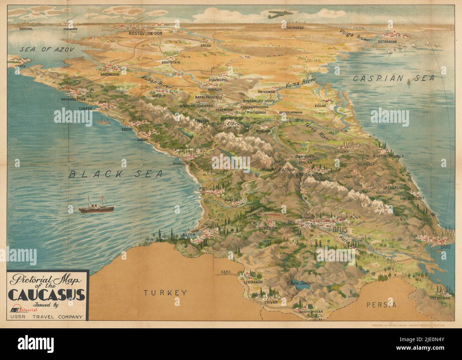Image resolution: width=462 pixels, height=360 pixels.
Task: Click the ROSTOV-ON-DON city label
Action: point(145,33)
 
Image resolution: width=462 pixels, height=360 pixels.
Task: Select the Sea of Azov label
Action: point(47,50)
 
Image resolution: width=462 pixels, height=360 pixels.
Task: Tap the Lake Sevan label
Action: point(301,284)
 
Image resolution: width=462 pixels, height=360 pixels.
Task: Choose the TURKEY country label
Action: point(165,293)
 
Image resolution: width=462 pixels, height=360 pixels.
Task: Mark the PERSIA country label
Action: point(382,305)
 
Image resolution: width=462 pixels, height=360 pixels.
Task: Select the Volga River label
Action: point(353,36)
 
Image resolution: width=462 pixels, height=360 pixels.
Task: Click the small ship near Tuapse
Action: point(104,121)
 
